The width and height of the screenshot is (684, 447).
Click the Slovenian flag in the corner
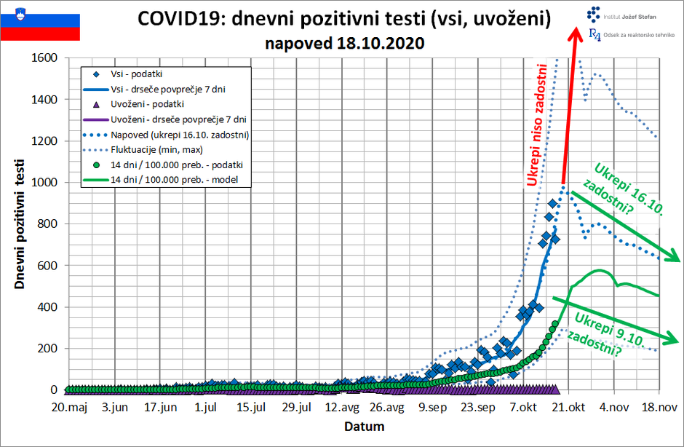coord(40,23)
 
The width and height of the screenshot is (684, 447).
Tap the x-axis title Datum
coord(364,427)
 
